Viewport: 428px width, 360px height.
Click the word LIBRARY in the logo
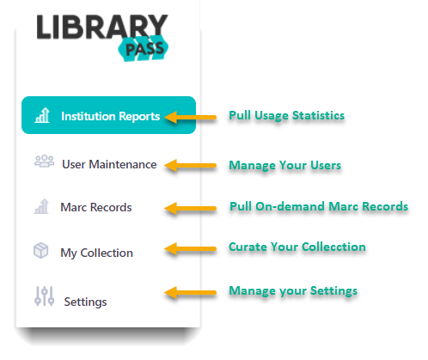point(102,27)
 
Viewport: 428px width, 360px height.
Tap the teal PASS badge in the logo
point(144,48)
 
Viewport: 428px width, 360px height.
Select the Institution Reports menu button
point(108,115)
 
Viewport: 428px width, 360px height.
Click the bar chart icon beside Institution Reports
point(42,115)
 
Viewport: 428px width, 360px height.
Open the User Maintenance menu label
point(109,164)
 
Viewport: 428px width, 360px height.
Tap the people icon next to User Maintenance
point(44,161)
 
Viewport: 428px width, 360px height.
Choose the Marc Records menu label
point(96,207)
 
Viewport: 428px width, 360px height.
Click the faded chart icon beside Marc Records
point(41,206)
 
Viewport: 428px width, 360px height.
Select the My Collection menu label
point(96,253)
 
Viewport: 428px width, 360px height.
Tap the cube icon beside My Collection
point(41,250)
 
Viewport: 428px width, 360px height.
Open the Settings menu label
point(85,302)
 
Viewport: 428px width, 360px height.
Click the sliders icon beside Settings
point(44,296)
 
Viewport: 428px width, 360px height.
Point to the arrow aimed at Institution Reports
point(190,117)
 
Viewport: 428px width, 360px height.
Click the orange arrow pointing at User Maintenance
point(190,166)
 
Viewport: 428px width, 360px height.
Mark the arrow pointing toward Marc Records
point(190,208)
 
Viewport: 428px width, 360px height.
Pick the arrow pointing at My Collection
point(190,249)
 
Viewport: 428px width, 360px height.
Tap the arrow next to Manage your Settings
point(190,292)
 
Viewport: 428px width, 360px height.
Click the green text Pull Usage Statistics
point(286,116)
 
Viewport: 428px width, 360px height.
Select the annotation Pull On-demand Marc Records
point(319,206)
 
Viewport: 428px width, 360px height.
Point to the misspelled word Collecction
point(333,247)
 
